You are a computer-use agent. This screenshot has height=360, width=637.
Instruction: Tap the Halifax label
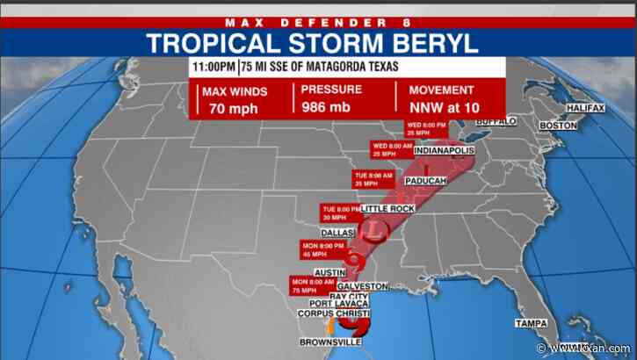585,108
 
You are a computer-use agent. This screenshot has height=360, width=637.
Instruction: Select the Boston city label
558,126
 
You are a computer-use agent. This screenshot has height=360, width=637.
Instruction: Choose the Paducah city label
426,181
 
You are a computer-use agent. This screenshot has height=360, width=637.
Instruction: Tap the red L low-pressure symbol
375,231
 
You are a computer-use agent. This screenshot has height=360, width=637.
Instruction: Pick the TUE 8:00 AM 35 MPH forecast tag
371,180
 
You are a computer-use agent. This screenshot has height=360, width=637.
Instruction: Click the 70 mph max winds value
227,109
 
